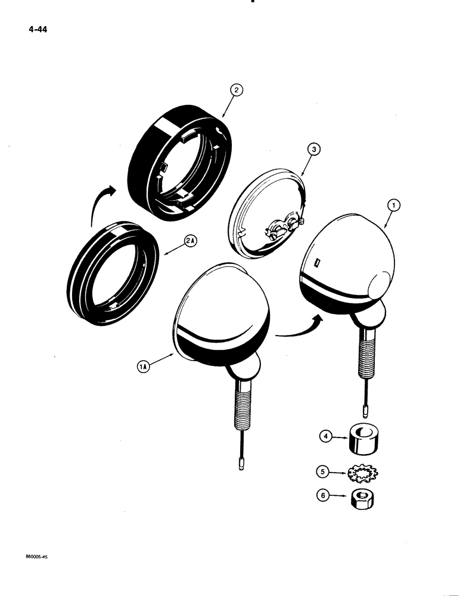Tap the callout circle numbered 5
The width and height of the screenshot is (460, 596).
(x=324, y=471)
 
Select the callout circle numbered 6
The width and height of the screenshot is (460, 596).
(x=324, y=494)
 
